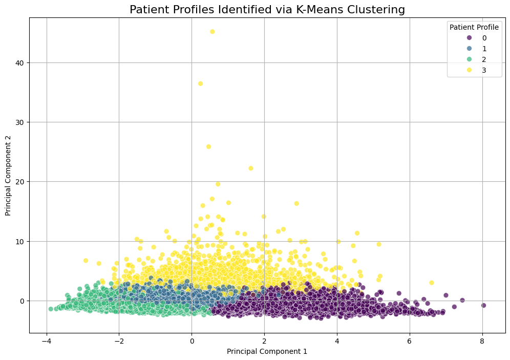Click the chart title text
point(267,10)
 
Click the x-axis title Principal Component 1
point(267,351)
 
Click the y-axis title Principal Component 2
point(8,175)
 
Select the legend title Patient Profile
point(474,27)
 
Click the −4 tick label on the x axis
point(47,342)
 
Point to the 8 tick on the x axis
point(482,342)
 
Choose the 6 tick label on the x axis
point(409,342)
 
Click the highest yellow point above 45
point(213,32)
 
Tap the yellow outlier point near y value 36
point(200,83)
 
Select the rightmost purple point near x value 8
point(483,305)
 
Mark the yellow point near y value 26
point(208,146)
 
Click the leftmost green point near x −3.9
point(51,309)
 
